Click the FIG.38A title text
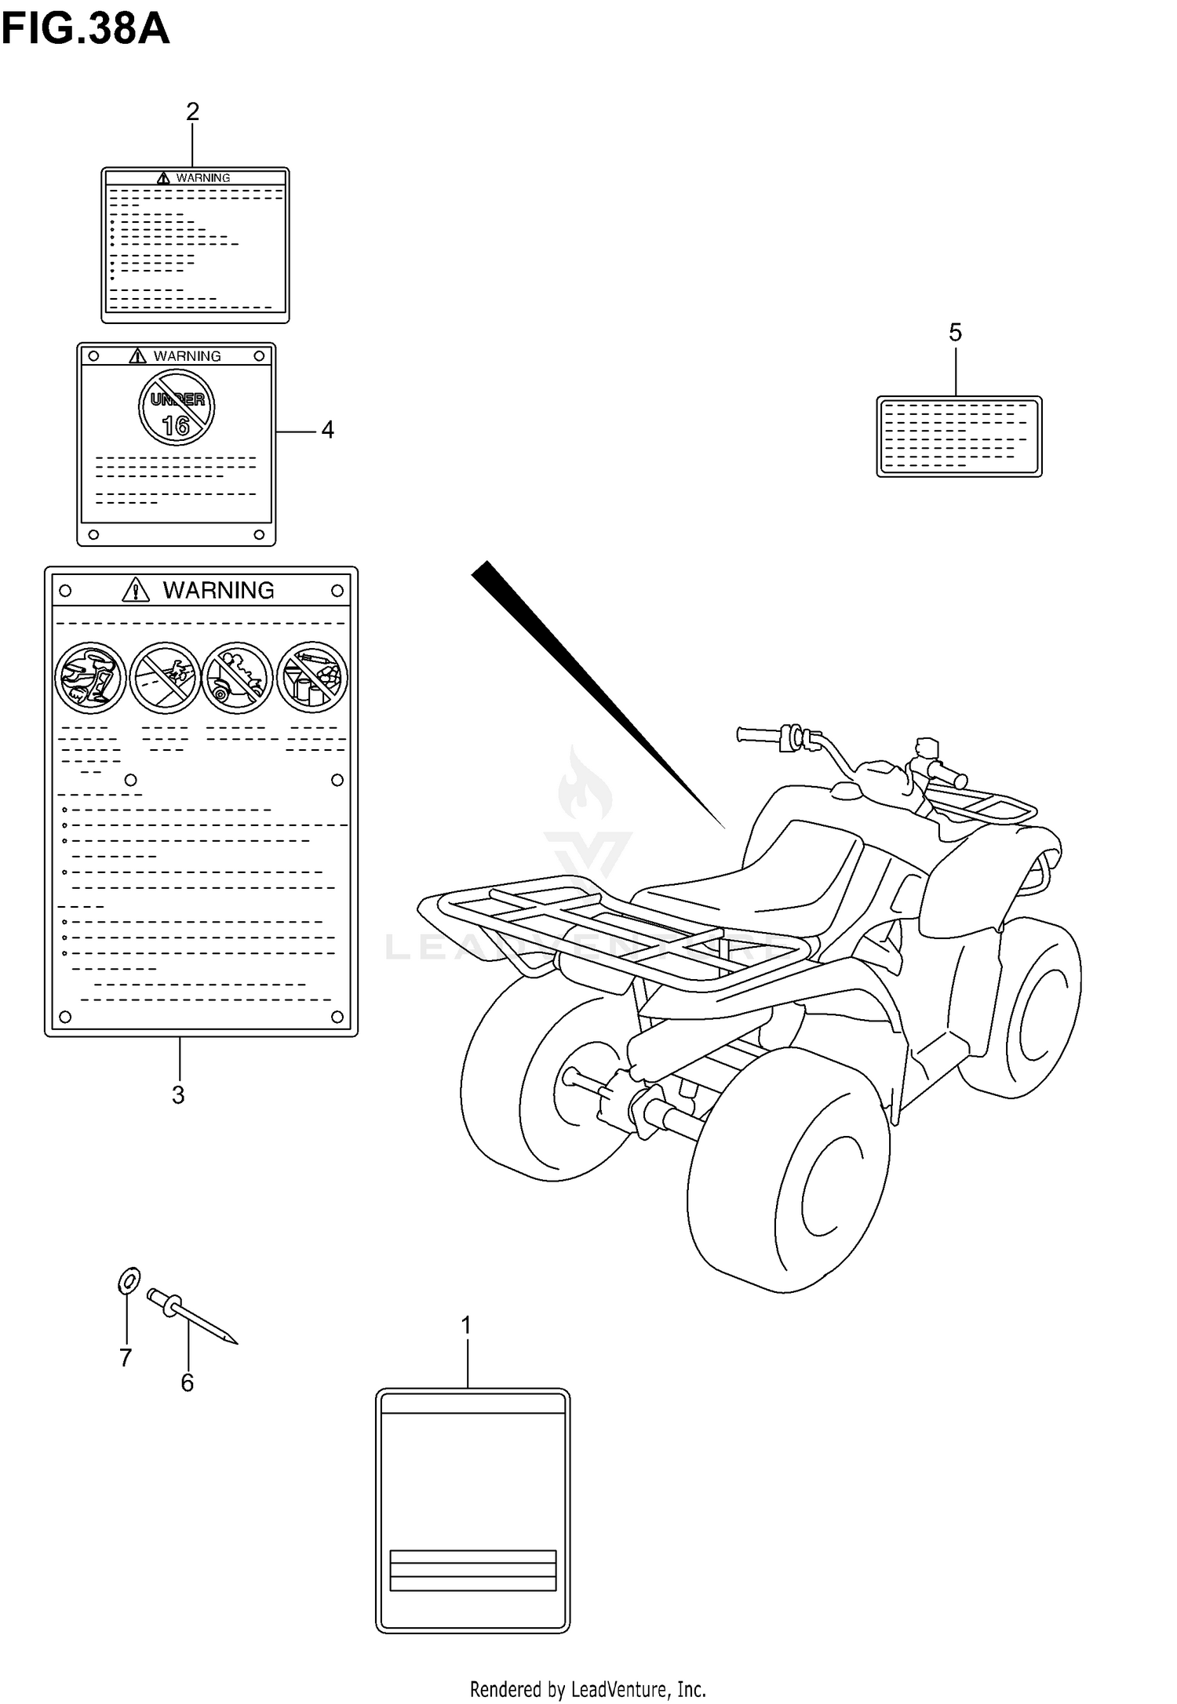85,30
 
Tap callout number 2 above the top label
192,112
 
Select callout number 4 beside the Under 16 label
327,430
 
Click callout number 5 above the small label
955,333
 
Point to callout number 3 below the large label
178,1095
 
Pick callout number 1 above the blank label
466,1326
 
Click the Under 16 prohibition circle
177,408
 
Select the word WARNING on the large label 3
218,590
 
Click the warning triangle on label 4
138,356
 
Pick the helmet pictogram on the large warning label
90,677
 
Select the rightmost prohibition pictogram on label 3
312,677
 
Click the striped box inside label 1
472,1570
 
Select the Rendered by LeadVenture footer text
588,1690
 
